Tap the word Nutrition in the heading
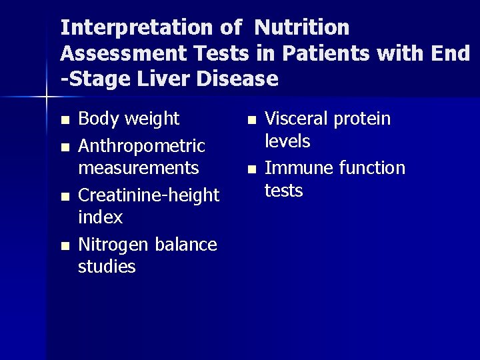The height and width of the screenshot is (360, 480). [x=302, y=27]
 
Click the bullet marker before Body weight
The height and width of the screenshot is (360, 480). [x=64, y=121]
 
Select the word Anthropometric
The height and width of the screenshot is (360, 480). [x=141, y=145]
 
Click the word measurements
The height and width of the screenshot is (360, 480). [x=139, y=167]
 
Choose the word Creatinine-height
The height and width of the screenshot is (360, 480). [x=149, y=195]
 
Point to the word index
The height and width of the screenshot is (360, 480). [x=101, y=217]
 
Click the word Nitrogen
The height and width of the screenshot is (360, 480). [x=114, y=245]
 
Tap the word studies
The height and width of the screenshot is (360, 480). [x=107, y=267]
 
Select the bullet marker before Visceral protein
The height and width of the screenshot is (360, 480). [x=251, y=121]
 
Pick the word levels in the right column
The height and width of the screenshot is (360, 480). [x=287, y=141]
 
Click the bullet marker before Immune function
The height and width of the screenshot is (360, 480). [x=251, y=170]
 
